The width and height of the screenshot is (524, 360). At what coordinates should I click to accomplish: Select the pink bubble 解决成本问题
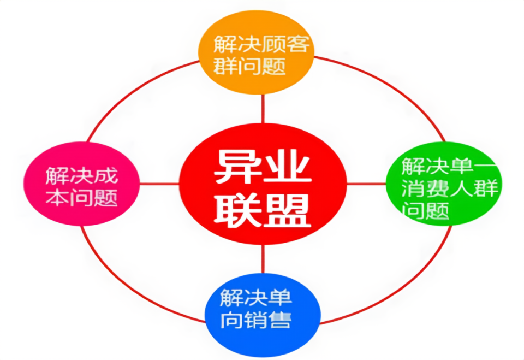pyautogui.click(x=81, y=183)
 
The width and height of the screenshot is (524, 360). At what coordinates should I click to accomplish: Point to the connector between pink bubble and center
pyautogui.click(x=159, y=183)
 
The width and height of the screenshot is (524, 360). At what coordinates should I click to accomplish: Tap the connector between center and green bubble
pyautogui.click(x=366, y=183)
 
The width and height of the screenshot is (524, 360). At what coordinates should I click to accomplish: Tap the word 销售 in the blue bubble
pyautogui.click(x=271, y=319)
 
